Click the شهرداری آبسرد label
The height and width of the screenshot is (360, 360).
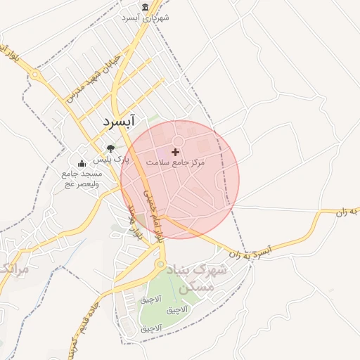click(145, 18)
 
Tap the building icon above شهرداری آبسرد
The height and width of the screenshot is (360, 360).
click(145, 7)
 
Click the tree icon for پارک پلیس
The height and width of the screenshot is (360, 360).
click(110, 148)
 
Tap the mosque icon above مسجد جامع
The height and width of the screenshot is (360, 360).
click(82, 163)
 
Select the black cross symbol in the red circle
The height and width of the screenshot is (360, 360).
click(175, 152)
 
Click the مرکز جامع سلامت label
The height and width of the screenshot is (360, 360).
click(175, 162)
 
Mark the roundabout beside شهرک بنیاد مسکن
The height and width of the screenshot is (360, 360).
click(161, 265)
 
